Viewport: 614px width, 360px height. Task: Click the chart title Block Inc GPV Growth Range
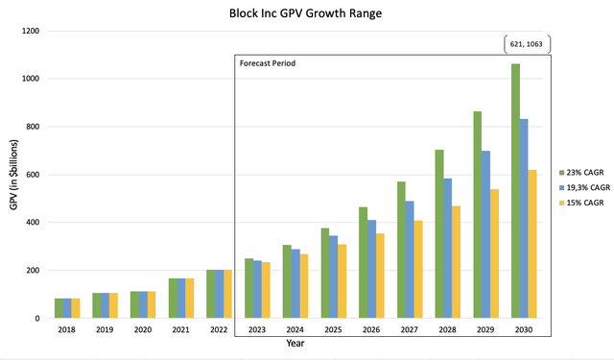pyautogui.click(x=306, y=14)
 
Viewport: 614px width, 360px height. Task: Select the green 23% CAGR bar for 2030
pyautogui.click(x=516, y=192)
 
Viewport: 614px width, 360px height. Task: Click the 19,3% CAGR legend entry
pyautogui.click(x=585, y=187)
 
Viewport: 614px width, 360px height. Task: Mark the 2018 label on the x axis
pyautogui.click(x=66, y=329)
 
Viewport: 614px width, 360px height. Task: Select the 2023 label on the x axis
pyautogui.click(x=257, y=329)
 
